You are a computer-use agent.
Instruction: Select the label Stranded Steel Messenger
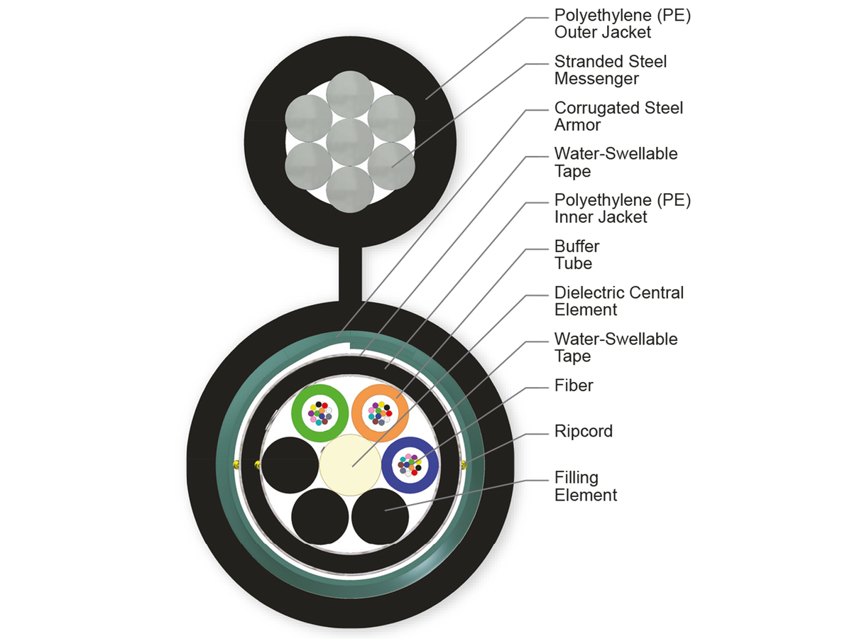click(x=610, y=70)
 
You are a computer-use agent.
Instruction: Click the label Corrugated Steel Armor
click(x=618, y=116)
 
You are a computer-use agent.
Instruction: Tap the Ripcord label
click(x=583, y=431)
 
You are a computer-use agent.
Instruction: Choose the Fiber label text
click(x=573, y=386)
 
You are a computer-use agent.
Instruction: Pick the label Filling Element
click(x=586, y=486)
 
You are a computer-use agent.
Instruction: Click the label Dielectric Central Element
click(x=618, y=301)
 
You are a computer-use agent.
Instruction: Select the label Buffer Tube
click(x=577, y=255)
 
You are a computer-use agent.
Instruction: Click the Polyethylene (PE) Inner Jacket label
click(x=622, y=209)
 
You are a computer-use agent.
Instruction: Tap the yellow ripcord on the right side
click(x=464, y=465)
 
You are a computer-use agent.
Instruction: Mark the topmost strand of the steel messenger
click(x=349, y=94)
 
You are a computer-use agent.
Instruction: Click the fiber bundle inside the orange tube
click(x=380, y=413)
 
